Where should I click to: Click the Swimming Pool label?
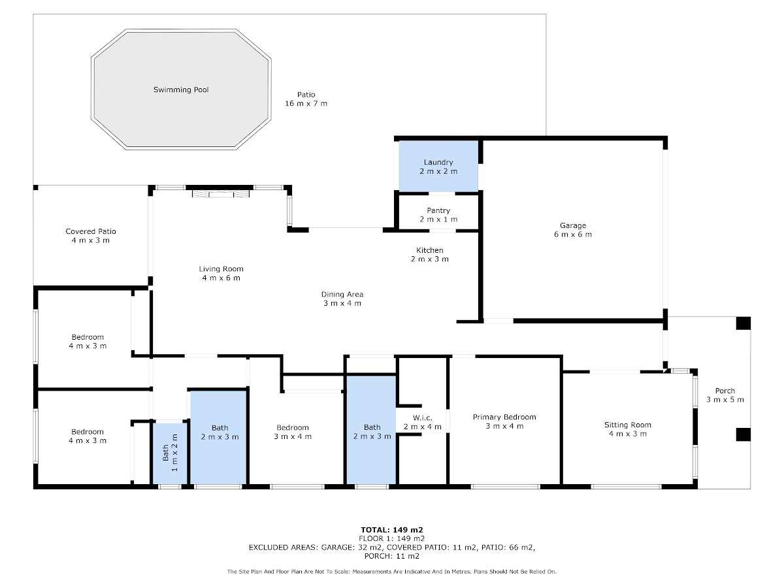(x=181, y=90)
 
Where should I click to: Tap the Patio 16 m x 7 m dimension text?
(x=306, y=103)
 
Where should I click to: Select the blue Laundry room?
(x=438, y=166)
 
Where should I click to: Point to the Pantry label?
(x=438, y=210)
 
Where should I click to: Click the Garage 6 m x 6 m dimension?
(x=572, y=235)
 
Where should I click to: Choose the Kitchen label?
(x=430, y=250)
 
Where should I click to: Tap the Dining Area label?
(x=342, y=294)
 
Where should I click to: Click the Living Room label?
(x=221, y=269)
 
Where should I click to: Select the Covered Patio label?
(x=91, y=231)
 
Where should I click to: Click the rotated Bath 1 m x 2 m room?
(x=170, y=453)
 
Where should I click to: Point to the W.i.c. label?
(x=423, y=417)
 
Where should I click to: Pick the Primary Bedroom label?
(x=504, y=417)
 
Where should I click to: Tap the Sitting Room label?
(x=628, y=425)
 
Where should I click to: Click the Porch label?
(x=725, y=391)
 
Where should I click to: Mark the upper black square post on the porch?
(x=743, y=323)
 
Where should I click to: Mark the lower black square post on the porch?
(x=743, y=434)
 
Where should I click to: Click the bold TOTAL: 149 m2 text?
(x=392, y=530)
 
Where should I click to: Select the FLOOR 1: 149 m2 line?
(x=392, y=539)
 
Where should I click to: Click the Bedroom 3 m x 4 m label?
(x=293, y=432)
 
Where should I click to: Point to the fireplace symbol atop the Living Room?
(x=221, y=193)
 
